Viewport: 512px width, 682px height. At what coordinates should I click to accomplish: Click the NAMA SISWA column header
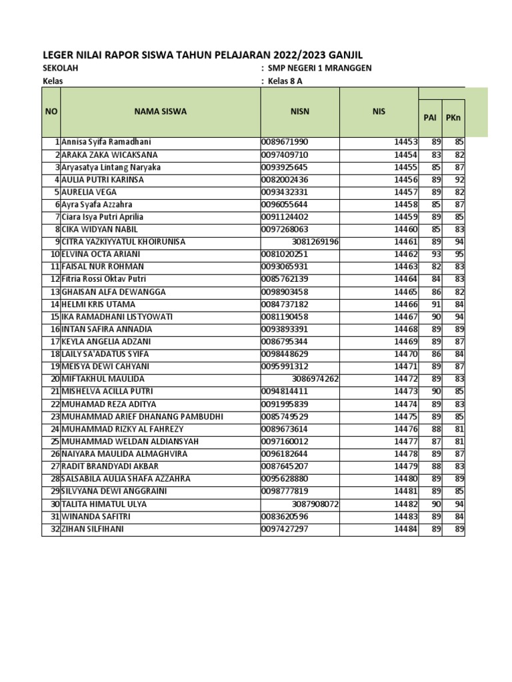tap(160, 112)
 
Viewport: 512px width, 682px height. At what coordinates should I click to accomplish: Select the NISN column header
tap(299, 112)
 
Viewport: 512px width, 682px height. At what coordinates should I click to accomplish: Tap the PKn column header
tap(453, 118)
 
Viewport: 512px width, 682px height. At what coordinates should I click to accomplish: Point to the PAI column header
tap(430, 118)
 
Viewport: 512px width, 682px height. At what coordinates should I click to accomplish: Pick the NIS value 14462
tap(405, 254)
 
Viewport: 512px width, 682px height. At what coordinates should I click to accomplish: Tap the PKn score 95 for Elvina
tap(459, 254)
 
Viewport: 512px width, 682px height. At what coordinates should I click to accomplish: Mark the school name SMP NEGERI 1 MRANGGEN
tap(320, 69)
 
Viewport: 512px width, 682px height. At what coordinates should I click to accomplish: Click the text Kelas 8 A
tap(285, 82)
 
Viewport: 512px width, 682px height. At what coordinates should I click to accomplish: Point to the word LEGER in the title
tap(56, 55)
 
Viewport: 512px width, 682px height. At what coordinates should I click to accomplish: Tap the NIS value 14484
tap(405, 529)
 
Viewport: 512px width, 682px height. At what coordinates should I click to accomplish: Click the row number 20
tap(55, 379)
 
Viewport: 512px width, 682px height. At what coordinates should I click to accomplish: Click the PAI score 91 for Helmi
tap(436, 304)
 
